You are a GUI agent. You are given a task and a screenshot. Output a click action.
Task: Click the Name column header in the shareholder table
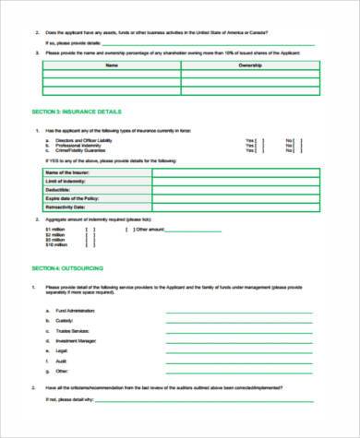pos(113,66)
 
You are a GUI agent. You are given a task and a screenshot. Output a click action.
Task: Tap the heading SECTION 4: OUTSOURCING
pos(64,267)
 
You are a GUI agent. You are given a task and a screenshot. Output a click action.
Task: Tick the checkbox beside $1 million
pos(89,230)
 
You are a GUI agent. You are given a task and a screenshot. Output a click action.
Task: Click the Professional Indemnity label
pos(77,145)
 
